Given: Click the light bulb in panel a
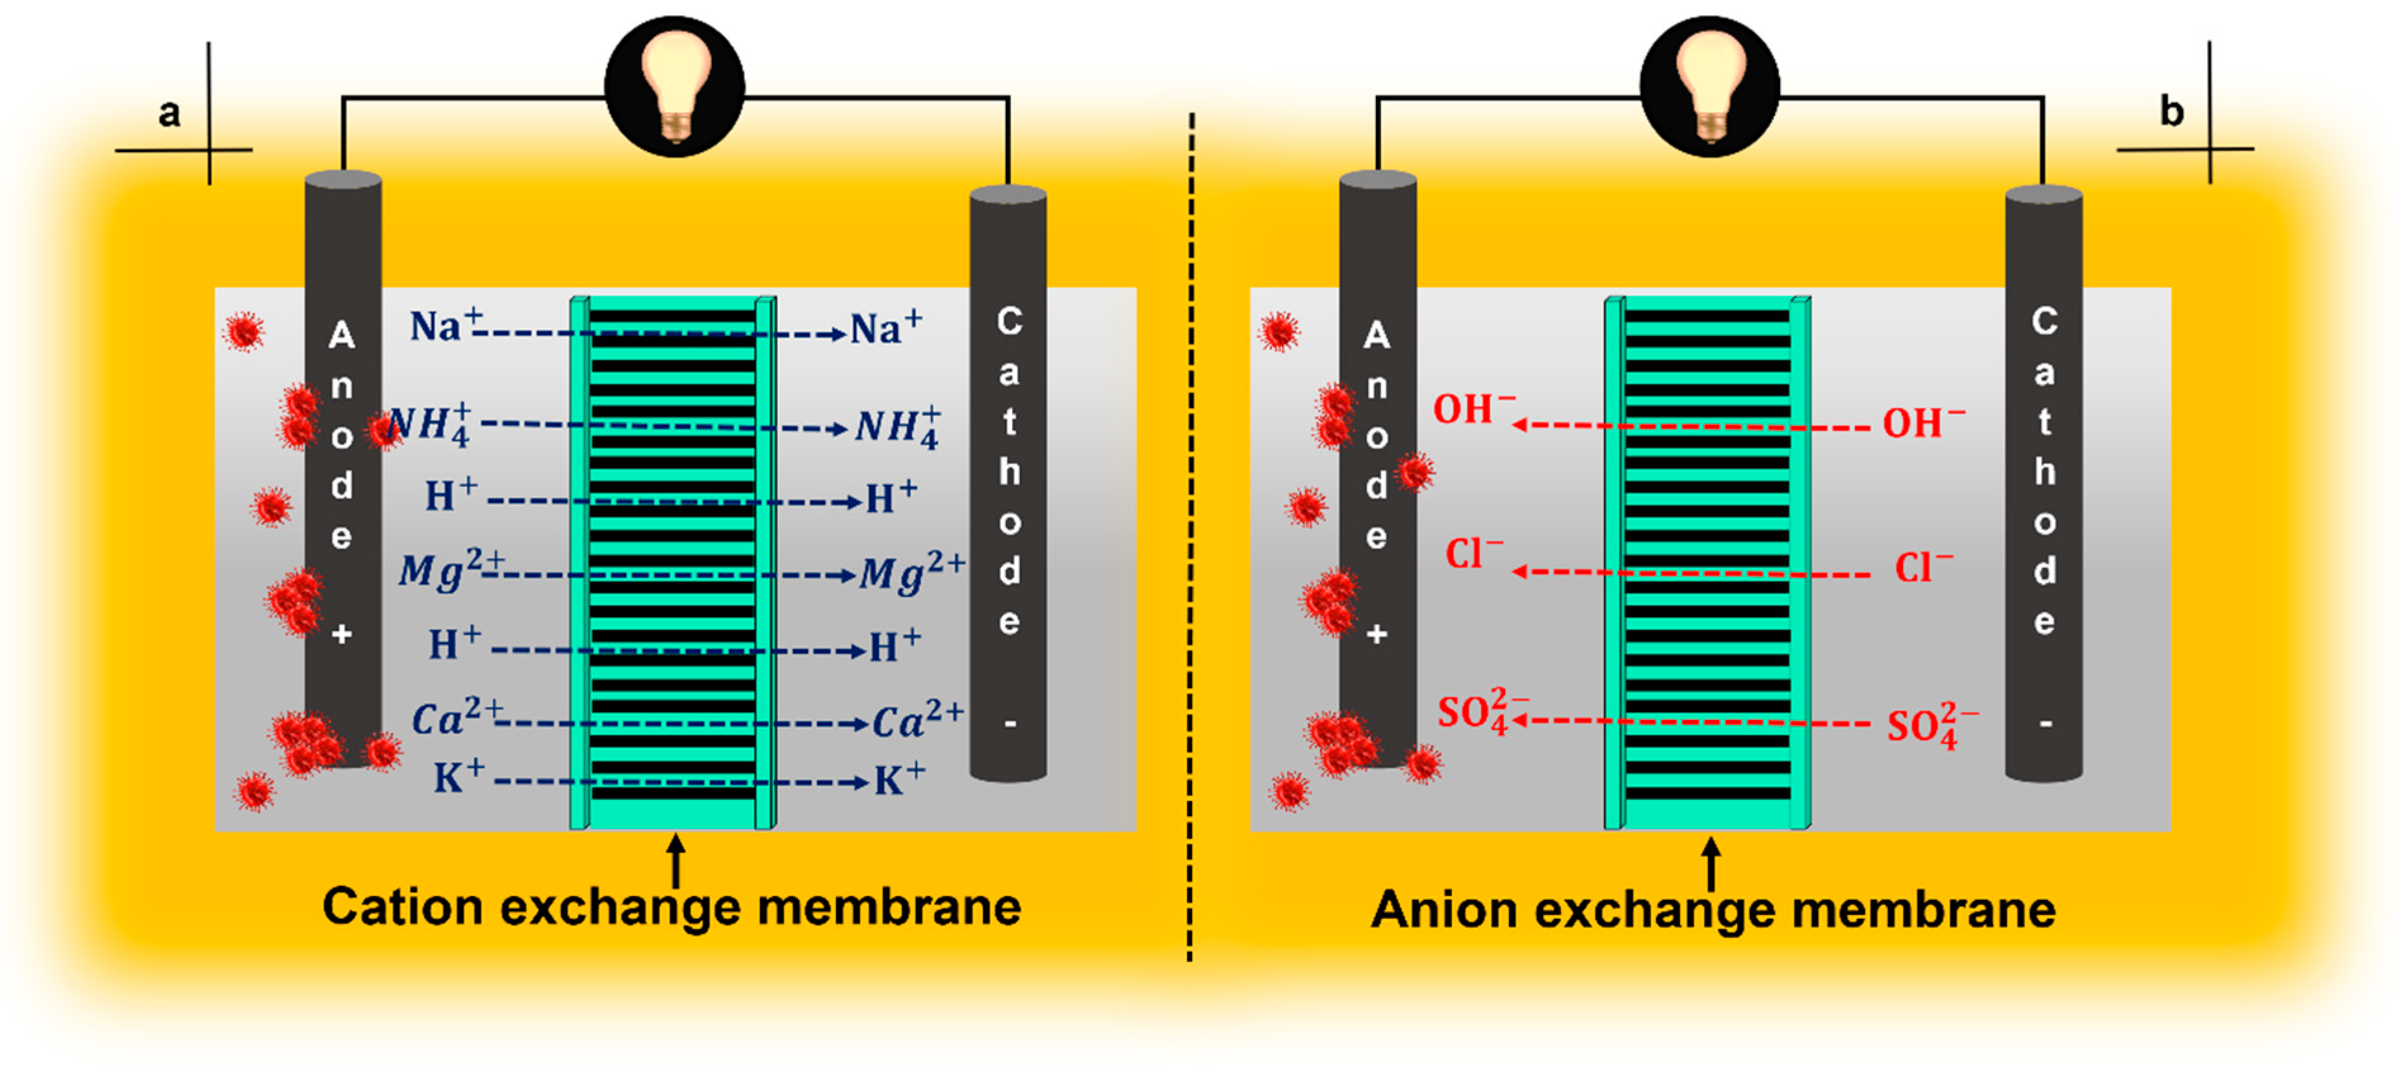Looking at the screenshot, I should tap(675, 85).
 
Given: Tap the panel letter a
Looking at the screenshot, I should tap(168, 113).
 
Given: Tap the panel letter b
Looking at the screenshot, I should tap(2171, 111).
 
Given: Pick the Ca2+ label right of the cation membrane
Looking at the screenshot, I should tap(915, 719).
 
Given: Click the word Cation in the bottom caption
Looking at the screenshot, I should tap(402, 906).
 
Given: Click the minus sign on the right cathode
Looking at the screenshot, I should tap(2044, 723).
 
